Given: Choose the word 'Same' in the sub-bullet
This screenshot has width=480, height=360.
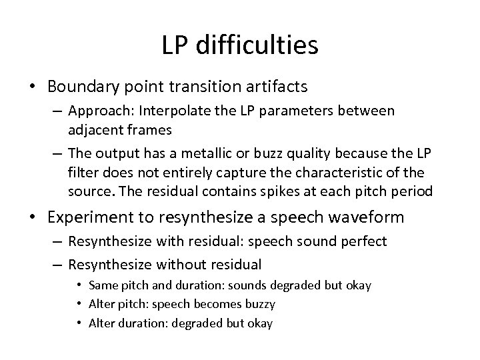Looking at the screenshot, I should tap(103, 286).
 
